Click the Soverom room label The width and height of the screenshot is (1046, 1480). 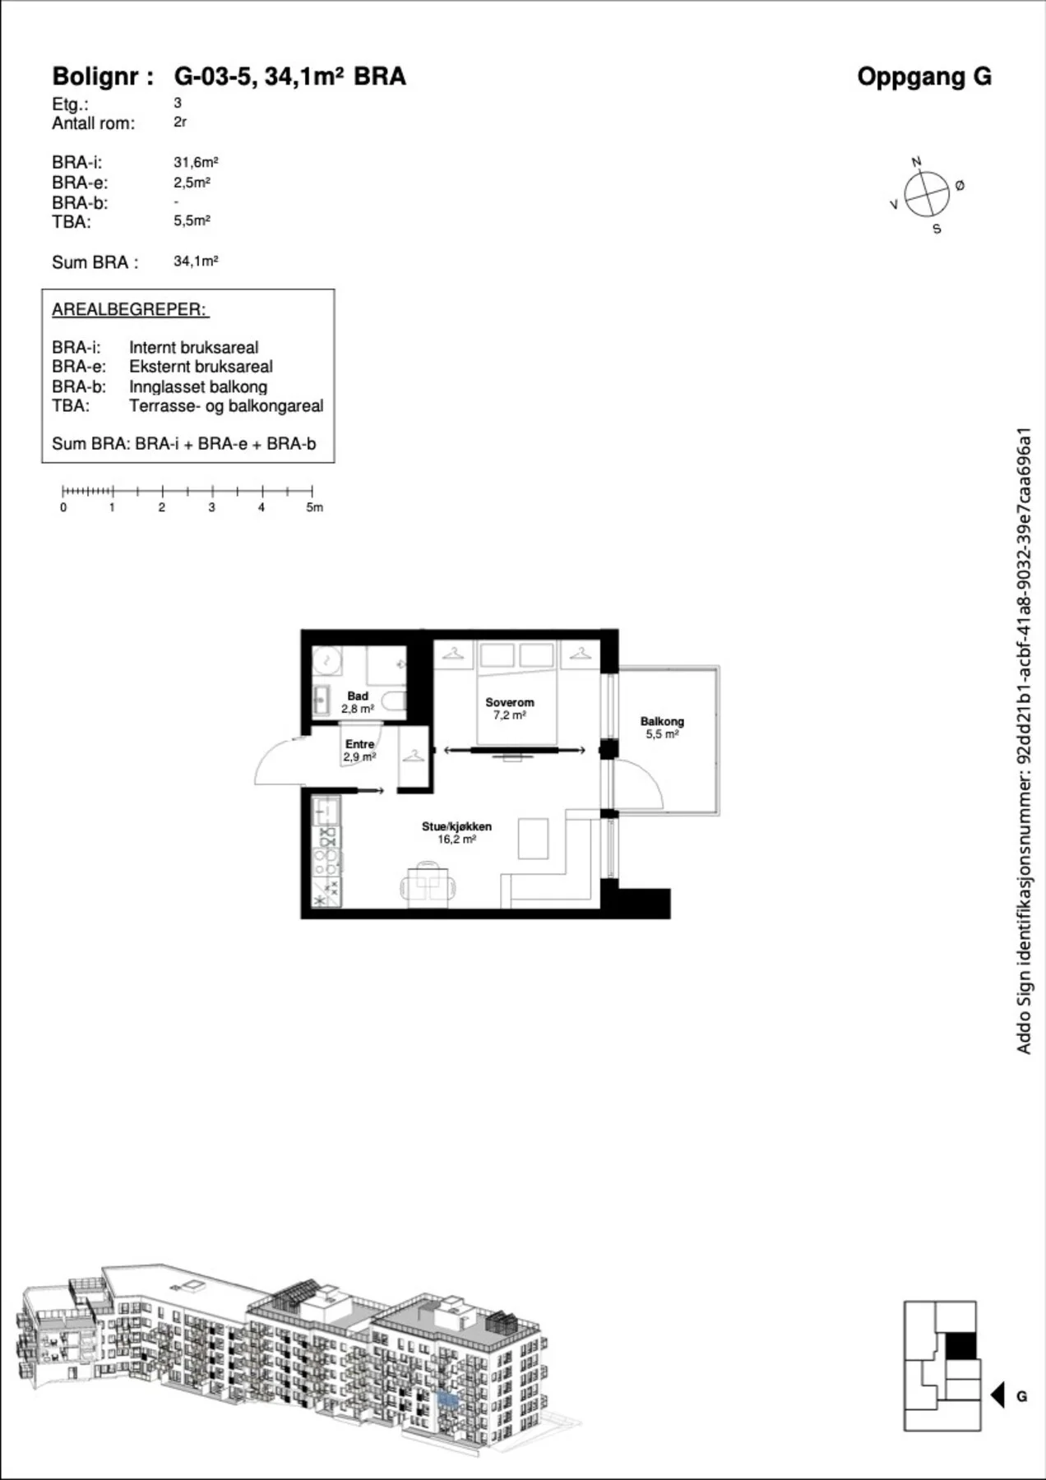(509, 702)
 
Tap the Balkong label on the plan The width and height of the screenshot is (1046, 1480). (662, 721)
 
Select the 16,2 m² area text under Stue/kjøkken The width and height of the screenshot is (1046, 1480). (456, 839)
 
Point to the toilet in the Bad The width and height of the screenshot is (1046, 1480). (395, 702)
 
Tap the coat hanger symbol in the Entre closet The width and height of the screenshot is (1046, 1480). (414, 755)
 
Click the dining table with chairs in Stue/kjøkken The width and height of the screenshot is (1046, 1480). (428, 885)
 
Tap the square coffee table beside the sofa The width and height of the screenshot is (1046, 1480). (533, 839)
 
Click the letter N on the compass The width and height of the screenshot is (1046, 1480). (916, 162)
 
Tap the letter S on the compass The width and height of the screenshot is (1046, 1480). (937, 229)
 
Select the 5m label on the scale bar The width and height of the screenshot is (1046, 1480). (315, 507)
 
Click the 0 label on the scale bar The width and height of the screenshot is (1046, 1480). (63, 507)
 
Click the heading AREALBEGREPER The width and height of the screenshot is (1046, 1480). (130, 310)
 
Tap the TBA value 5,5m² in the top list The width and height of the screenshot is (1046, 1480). (192, 220)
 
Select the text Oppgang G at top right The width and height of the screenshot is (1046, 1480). (924, 76)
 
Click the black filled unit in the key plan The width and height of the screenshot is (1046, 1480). (960, 1347)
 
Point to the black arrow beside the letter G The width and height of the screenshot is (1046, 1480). (997, 1395)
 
